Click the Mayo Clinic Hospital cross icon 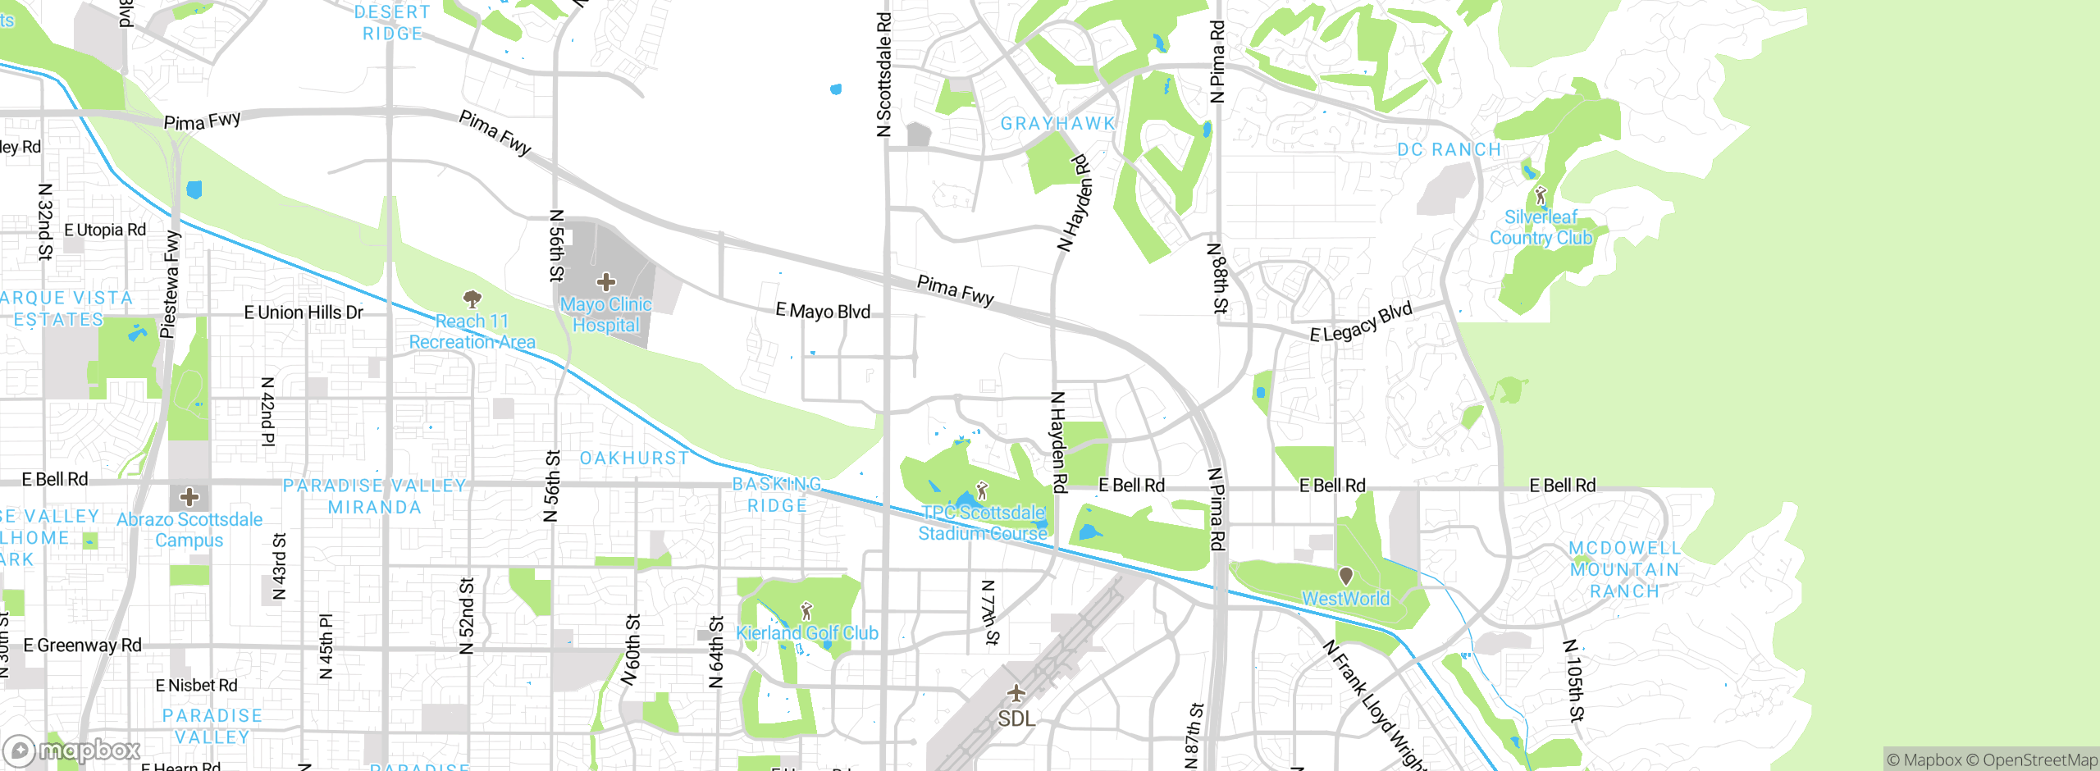pyautogui.click(x=606, y=283)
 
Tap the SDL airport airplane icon pyautogui.click(x=1016, y=694)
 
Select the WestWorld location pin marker pyautogui.click(x=1346, y=576)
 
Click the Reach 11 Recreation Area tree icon pyautogui.click(x=472, y=299)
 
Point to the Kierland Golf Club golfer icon pyautogui.click(x=806, y=612)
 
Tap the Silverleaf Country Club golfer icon pyautogui.click(x=1541, y=196)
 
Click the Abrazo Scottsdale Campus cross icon pyautogui.click(x=189, y=497)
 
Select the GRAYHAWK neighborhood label pyautogui.click(x=1058, y=124)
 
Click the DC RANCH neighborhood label pyautogui.click(x=1449, y=150)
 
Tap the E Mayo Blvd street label pyautogui.click(x=823, y=312)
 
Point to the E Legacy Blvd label pyautogui.click(x=1361, y=322)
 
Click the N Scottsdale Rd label pyautogui.click(x=883, y=74)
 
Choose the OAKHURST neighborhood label pyautogui.click(x=634, y=458)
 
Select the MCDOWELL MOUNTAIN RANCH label pyautogui.click(x=1624, y=569)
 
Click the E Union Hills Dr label pyautogui.click(x=304, y=313)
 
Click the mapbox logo pyautogui.click(x=72, y=750)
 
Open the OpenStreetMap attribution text pyautogui.click(x=2039, y=760)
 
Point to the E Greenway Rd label pyautogui.click(x=82, y=646)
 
